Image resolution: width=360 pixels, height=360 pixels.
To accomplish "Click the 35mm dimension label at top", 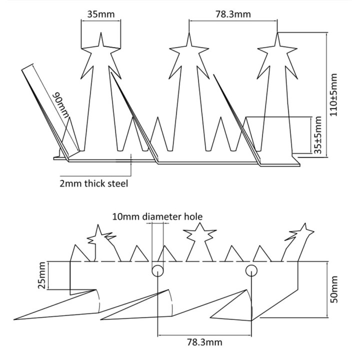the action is [101, 14].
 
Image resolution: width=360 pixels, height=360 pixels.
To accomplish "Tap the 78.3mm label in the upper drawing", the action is [233, 14].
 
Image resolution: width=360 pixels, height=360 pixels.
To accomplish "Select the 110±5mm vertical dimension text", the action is [333, 95].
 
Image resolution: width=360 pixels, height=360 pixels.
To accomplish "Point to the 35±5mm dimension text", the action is [317, 135].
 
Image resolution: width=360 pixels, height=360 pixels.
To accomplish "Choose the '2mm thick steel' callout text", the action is [93, 183].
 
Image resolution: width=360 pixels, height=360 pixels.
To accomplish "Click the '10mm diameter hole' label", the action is [157, 216].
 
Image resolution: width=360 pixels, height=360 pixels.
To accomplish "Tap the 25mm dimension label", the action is [42, 275].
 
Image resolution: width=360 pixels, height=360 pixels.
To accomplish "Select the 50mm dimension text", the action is [333, 289].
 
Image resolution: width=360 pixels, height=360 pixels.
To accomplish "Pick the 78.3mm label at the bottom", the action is [204, 342].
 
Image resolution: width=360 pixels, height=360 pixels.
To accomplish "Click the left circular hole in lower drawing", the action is [157, 270].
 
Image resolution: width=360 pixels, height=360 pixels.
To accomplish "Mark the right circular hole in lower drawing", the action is [251, 270].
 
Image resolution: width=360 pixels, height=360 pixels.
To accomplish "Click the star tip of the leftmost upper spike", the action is [101, 43].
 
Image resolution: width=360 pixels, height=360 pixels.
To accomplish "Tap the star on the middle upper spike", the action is [189, 43].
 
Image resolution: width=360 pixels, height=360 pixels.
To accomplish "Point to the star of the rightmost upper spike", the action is [277, 43].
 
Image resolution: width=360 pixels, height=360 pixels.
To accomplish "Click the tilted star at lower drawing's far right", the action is [301, 231].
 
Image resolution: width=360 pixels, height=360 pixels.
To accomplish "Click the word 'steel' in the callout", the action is [117, 183].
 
